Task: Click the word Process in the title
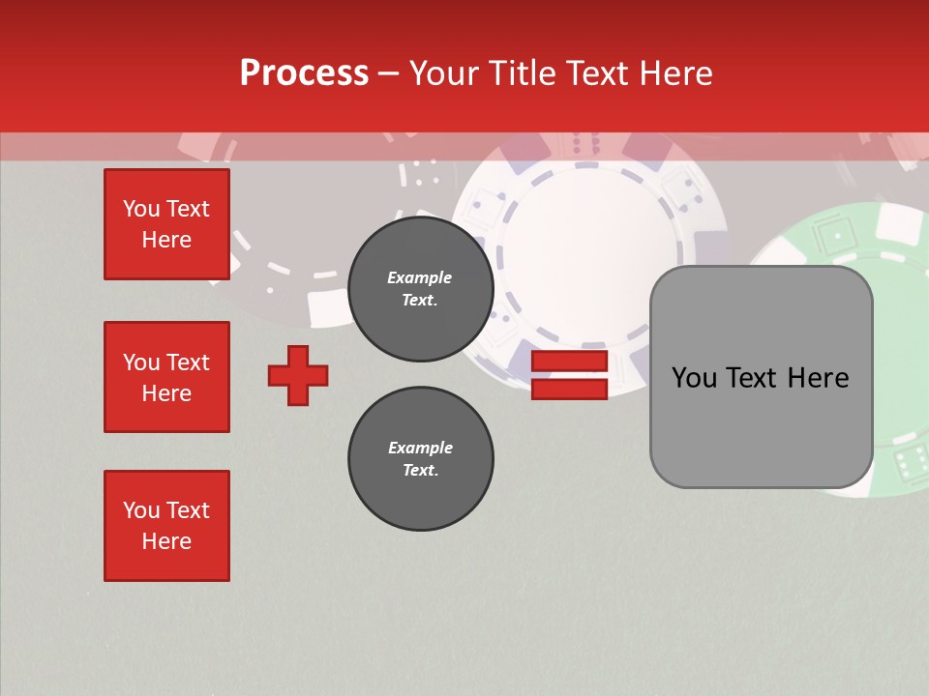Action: point(304,73)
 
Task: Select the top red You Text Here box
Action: point(166,224)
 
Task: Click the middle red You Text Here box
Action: point(166,377)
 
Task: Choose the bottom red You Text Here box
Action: point(166,526)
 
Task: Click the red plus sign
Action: point(298,375)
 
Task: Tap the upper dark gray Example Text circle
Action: point(421,289)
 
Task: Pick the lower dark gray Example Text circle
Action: point(421,459)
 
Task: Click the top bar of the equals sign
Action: point(569,362)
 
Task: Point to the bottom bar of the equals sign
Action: point(569,389)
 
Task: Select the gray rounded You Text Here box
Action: point(761,377)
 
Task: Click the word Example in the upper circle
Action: point(420,278)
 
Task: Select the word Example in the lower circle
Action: point(420,448)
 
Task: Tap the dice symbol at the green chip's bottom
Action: point(909,465)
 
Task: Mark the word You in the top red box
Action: point(140,209)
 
